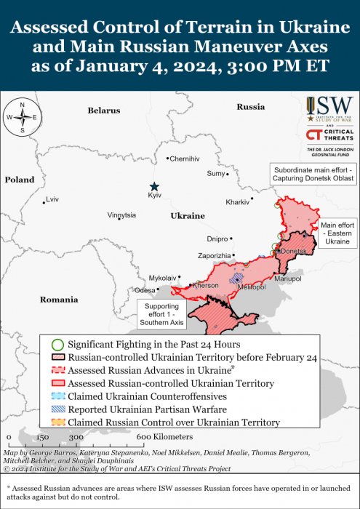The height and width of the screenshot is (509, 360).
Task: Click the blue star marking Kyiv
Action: [153, 187]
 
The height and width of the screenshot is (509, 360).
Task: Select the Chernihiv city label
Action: [184, 159]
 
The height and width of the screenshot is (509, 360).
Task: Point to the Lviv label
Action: [52, 199]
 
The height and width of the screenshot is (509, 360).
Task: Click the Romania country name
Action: [39, 300]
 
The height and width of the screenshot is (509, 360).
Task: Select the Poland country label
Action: [19, 180]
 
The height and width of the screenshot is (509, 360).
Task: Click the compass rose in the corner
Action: [23, 117]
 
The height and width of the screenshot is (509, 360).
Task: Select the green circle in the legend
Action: [58, 344]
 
